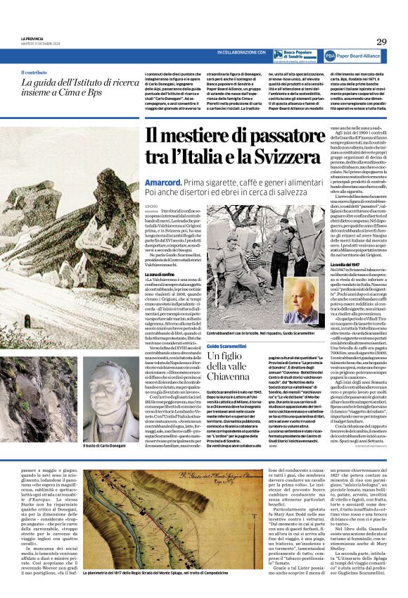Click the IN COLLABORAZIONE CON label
coord(241,53)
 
